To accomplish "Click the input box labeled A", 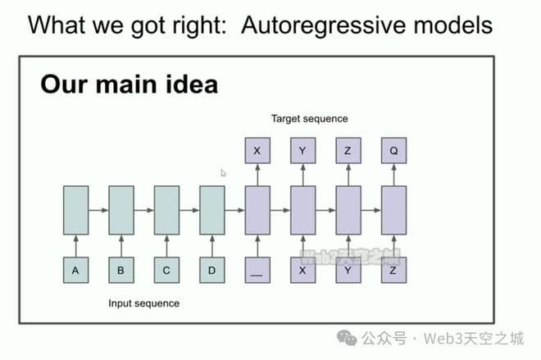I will (x=75, y=270).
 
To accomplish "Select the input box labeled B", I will (x=120, y=270).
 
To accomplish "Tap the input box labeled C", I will (x=166, y=270).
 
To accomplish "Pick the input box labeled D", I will (x=211, y=270).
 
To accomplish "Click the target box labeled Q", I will (x=393, y=151).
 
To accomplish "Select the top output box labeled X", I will (x=257, y=151).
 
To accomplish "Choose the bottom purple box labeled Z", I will (x=393, y=270).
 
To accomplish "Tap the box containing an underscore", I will (x=257, y=270).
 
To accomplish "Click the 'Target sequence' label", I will (x=309, y=119).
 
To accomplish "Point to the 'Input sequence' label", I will (x=143, y=303).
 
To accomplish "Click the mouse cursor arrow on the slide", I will (x=223, y=173).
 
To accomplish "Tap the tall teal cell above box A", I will (x=75, y=211).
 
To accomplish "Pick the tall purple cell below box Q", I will (x=393, y=211).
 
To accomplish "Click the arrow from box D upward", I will (x=211, y=246).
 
